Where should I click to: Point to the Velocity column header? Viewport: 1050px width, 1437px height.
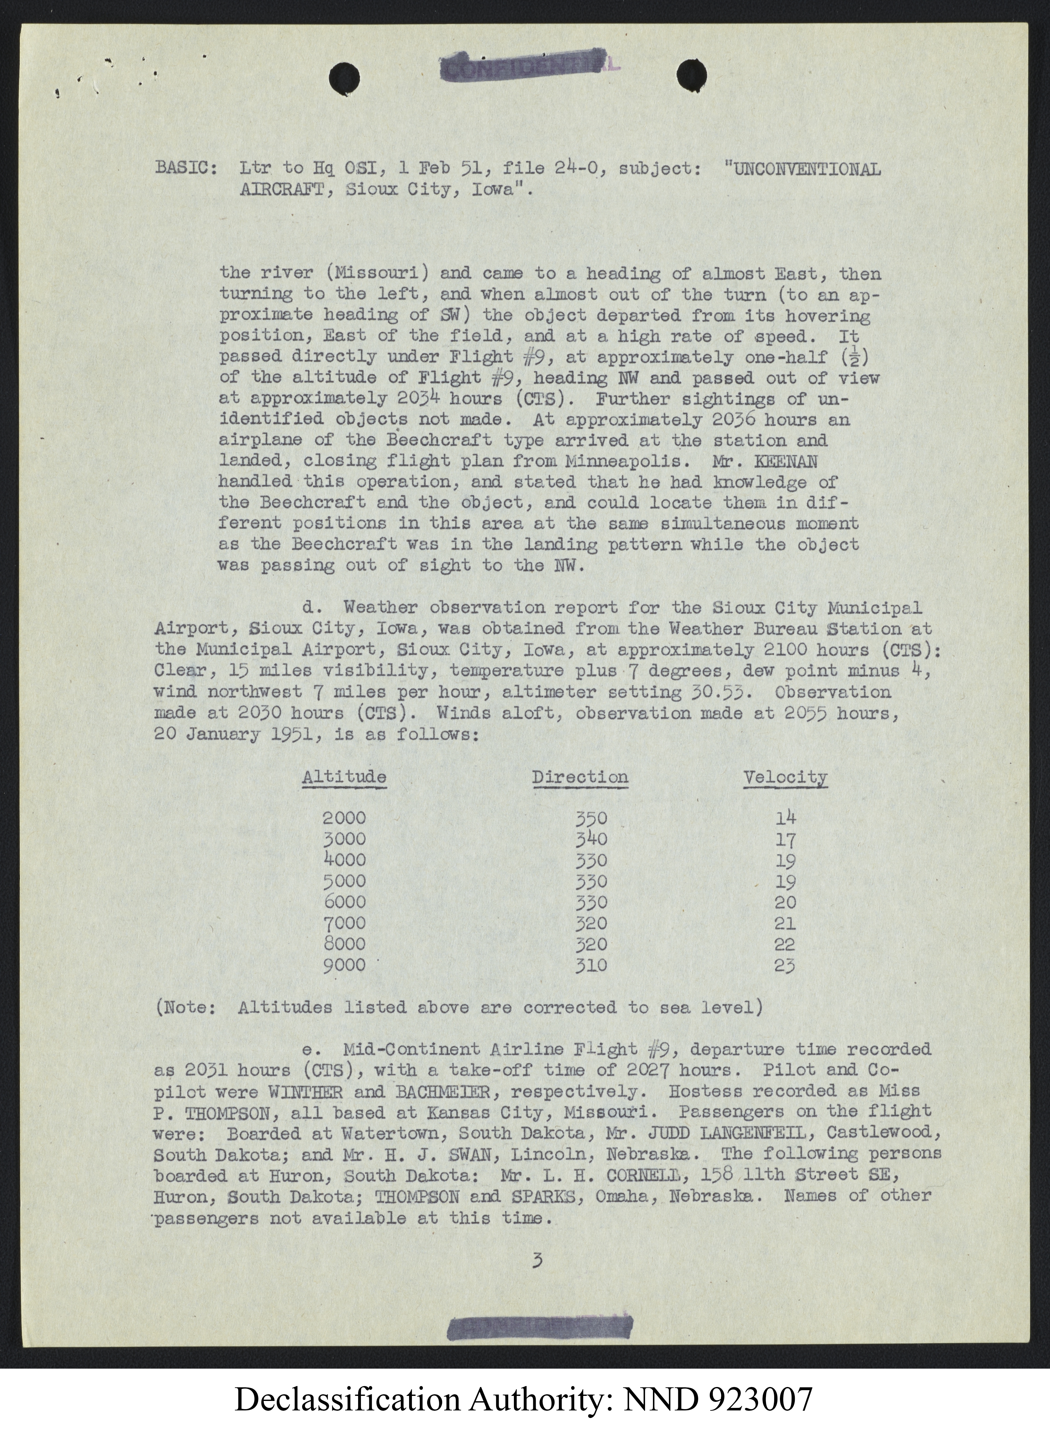point(785,777)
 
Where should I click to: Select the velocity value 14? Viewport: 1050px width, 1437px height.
point(785,818)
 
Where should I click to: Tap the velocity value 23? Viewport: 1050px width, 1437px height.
point(785,966)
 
